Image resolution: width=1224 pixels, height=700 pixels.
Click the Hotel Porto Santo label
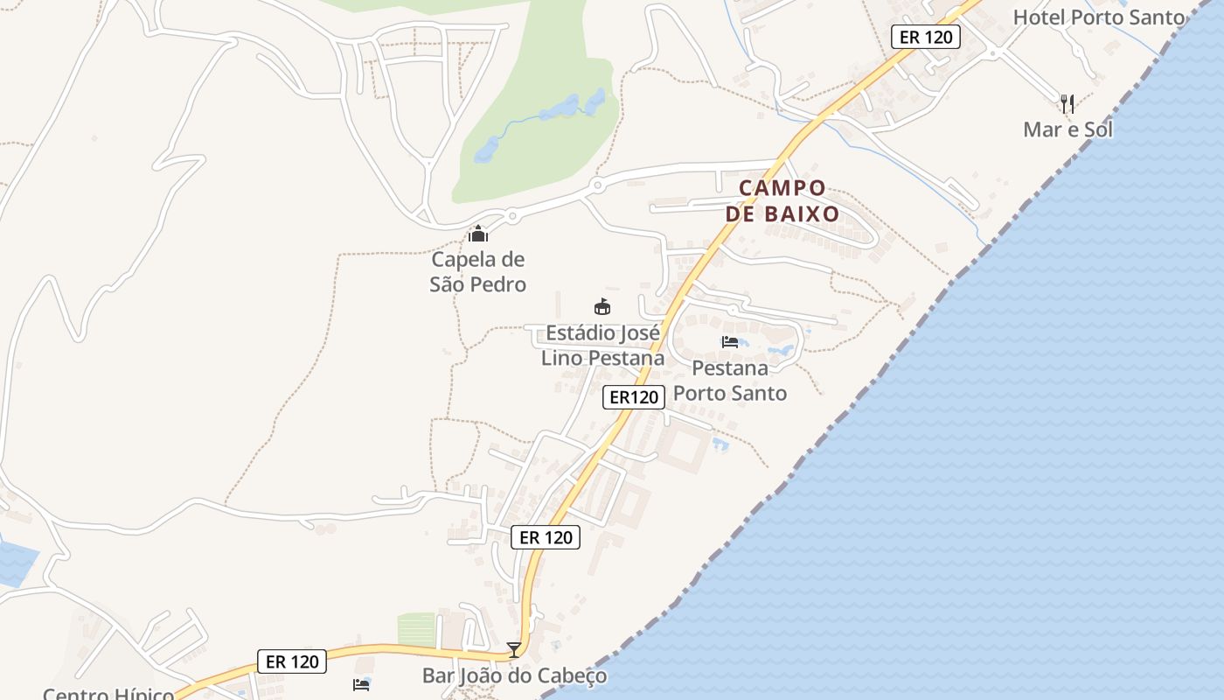(x=1099, y=17)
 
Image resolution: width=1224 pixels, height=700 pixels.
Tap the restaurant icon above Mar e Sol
(x=1068, y=104)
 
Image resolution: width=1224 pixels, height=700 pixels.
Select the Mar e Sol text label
(x=1068, y=129)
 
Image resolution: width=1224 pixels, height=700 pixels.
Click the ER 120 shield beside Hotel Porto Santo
(x=926, y=37)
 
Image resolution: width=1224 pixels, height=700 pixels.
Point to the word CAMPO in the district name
(x=782, y=188)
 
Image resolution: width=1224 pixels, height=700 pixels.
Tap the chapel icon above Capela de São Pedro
(x=478, y=234)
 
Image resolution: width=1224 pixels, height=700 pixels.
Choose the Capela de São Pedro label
(x=478, y=272)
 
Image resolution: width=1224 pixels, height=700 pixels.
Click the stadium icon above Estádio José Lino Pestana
(x=602, y=306)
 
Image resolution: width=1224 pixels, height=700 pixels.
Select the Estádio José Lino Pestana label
(x=602, y=346)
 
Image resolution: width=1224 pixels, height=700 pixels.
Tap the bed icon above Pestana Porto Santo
(x=730, y=341)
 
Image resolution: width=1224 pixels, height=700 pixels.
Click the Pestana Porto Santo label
(x=730, y=381)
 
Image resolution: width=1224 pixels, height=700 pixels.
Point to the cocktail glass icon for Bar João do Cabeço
(x=514, y=649)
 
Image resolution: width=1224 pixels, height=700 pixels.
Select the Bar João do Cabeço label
(x=514, y=675)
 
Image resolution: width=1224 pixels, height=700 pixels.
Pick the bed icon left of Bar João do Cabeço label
(x=361, y=684)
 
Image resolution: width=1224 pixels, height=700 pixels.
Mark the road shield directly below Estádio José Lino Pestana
(x=634, y=397)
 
